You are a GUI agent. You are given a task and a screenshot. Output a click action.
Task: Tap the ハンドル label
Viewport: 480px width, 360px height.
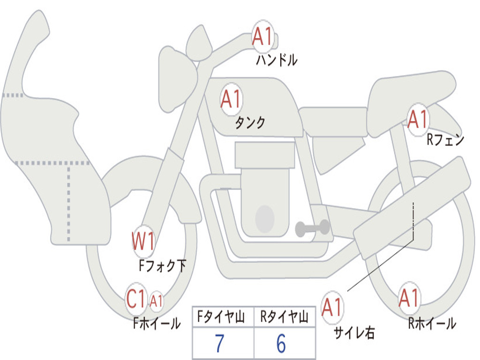point(277,60)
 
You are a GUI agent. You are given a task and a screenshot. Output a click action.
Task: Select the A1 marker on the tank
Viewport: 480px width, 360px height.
point(232,99)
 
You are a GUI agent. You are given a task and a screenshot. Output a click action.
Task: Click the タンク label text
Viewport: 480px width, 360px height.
point(250,123)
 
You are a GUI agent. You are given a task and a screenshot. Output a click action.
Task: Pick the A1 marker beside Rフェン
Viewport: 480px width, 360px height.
point(418,120)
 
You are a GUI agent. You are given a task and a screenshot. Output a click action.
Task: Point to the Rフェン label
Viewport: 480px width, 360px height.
point(445,140)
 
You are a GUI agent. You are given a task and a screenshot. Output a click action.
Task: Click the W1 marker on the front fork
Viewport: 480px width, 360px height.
point(143,241)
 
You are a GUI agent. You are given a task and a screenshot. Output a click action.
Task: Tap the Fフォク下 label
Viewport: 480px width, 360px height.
point(163,266)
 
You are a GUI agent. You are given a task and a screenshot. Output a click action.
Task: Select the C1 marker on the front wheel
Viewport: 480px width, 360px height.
point(135,299)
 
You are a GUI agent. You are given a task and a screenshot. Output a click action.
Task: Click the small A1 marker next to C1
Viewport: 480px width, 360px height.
point(156,300)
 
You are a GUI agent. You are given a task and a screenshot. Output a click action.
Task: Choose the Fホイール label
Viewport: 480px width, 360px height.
point(157,323)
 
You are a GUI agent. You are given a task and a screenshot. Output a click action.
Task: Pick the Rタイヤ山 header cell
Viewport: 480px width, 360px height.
point(285,317)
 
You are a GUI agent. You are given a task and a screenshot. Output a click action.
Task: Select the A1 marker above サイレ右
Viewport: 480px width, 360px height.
point(332,307)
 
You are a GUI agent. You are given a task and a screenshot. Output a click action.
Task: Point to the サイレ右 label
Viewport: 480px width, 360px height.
point(354,332)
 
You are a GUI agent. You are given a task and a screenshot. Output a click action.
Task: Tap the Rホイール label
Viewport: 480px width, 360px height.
point(432,323)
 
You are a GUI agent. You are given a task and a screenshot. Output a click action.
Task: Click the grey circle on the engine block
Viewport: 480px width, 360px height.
point(265,219)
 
